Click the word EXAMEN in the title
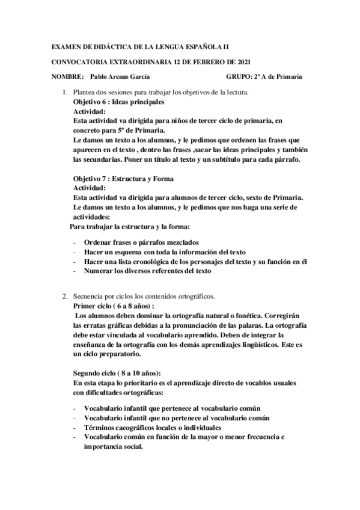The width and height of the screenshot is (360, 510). point(65,46)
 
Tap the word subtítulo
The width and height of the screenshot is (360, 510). point(232,160)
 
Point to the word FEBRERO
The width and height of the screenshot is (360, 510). point(206,61)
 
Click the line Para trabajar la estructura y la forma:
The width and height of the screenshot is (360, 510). point(130,227)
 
